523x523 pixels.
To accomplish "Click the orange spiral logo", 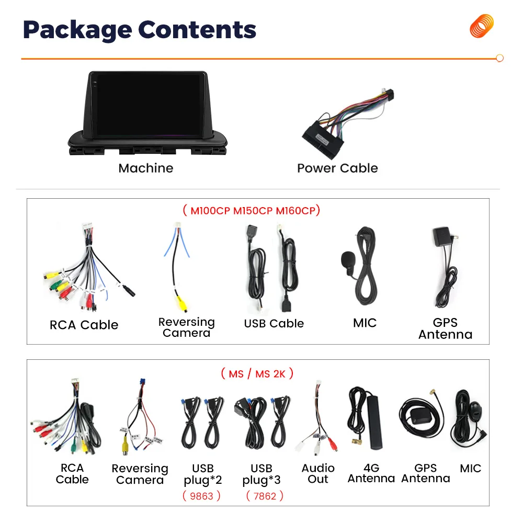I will tap(481, 26).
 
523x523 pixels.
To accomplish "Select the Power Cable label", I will tap(337, 168).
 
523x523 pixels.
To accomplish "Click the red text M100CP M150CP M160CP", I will tap(252, 211).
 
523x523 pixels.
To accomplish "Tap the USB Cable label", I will tap(274, 324).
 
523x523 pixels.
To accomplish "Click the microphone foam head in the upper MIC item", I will tap(347, 259).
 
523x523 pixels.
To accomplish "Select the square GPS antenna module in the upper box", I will tap(442, 236).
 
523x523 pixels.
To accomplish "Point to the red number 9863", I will tap(202, 495).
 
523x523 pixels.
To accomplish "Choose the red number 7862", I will tap(265, 495).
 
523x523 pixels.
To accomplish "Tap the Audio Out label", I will tap(318, 473).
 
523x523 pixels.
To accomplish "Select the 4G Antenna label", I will tap(371, 473).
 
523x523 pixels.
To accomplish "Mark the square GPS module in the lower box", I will tap(418, 416).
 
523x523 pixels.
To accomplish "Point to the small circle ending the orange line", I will tap(499, 59).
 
